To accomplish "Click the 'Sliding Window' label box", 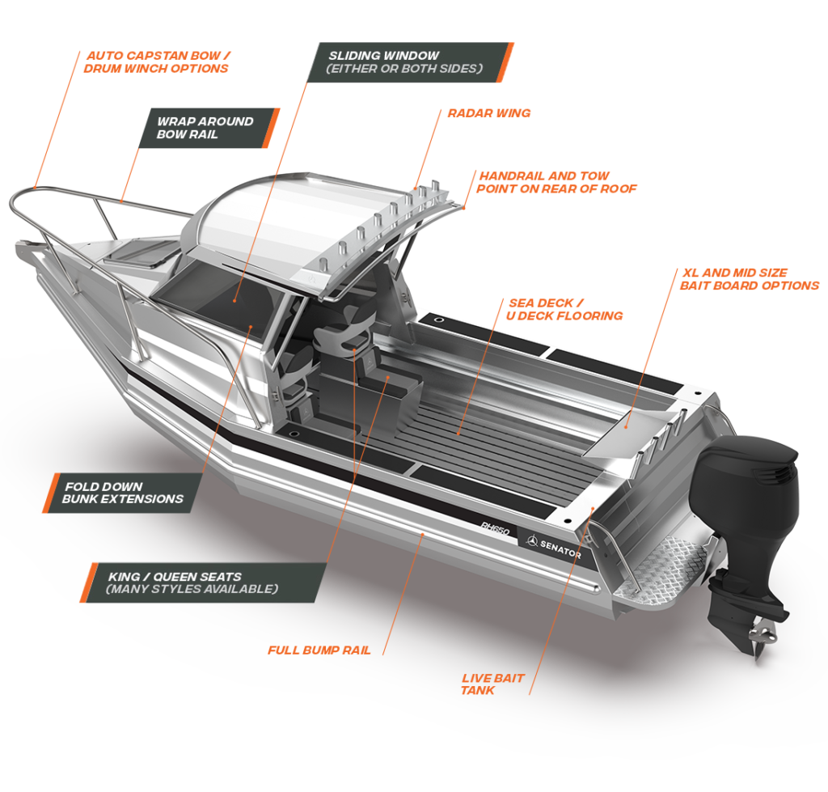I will [x=410, y=62].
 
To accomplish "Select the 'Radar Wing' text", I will [x=488, y=113].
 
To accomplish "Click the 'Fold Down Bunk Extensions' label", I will [x=123, y=493].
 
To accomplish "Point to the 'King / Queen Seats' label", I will [x=202, y=582].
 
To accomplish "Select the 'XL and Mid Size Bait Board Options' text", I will [x=749, y=279].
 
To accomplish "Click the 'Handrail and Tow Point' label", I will [x=558, y=182].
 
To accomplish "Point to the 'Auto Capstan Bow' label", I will [x=155, y=62].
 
